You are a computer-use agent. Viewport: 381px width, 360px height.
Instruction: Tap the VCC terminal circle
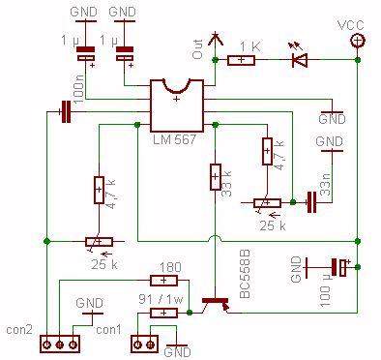click(x=357, y=40)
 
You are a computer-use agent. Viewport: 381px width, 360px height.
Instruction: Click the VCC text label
click(x=352, y=23)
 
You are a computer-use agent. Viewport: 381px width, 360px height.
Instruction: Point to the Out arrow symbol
click(x=217, y=42)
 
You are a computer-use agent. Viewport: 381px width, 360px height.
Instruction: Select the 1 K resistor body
click(x=242, y=60)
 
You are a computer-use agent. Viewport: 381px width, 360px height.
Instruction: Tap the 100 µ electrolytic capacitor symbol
click(x=338, y=265)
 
